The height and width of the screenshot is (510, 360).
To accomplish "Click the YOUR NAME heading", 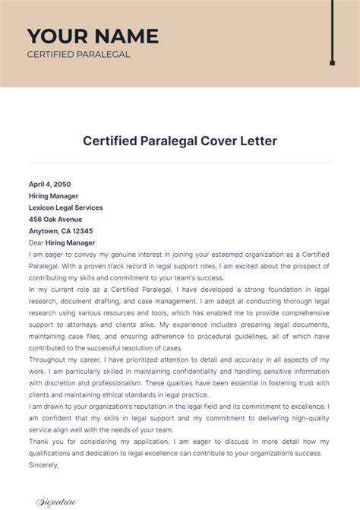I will (93, 36).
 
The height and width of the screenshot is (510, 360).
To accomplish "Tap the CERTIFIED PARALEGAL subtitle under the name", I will (78, 54).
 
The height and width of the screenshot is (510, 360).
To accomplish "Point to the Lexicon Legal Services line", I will (65, 207).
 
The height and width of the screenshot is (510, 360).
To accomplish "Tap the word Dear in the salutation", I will (36, 242).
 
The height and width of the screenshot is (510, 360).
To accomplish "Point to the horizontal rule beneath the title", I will (180, 162).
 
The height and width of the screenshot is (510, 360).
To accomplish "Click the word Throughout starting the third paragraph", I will (52, 360).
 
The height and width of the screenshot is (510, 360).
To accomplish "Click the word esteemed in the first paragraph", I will (232, 255).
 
